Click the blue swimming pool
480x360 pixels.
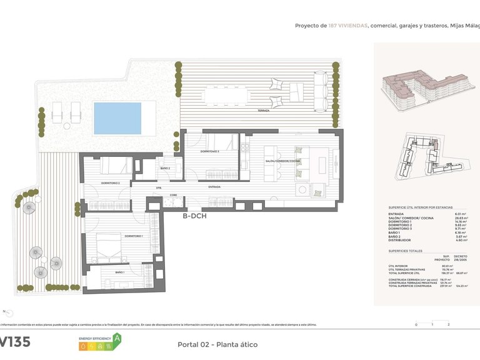click(x=124, y=118)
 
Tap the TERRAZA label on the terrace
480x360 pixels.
click(x=263, y=111)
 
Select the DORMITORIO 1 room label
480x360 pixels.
click(x=133, y=236)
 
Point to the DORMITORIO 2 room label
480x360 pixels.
click(x=110, y=183)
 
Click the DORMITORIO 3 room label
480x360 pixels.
click(x=210, y=151)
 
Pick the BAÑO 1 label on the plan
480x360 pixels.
click(x=119, y=272)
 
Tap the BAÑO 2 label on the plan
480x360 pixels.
click(x=165, y=168)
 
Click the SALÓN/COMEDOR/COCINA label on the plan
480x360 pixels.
click(x=282, y=161)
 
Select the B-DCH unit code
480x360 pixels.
click(x=194, y=216)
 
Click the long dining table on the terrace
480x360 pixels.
click(x=221, y=96)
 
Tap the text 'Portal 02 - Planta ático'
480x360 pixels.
click(x=217, y=344)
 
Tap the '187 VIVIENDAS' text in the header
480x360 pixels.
click(x=347, y=26)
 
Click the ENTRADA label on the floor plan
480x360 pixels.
click(x=214, y=187)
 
